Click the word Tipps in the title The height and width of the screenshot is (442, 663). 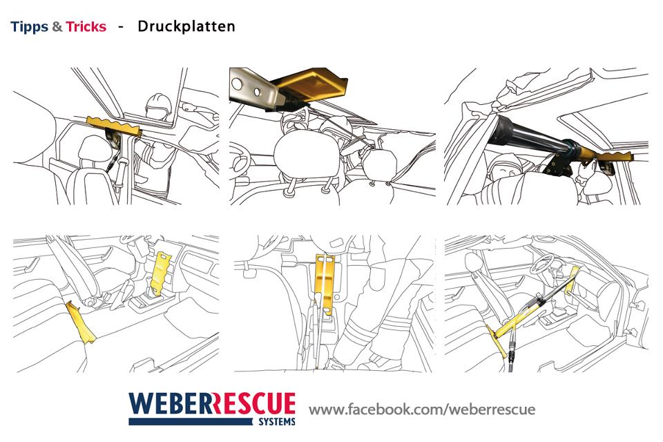[x=29, y=27]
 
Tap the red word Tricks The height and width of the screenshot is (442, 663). [x=86, y=27]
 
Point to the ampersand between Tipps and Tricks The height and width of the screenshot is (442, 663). [x=57, y=27]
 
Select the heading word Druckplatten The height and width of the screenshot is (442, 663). [x=186, y=27]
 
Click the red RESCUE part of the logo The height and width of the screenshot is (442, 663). [x=253, y=403]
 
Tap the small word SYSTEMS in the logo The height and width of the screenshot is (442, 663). [x=277, y=422]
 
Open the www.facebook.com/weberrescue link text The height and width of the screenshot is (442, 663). [x=422, y=410]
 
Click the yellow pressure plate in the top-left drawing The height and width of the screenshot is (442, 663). [x=114, y=126]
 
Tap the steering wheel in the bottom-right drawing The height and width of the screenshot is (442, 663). [x=544, y=264]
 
